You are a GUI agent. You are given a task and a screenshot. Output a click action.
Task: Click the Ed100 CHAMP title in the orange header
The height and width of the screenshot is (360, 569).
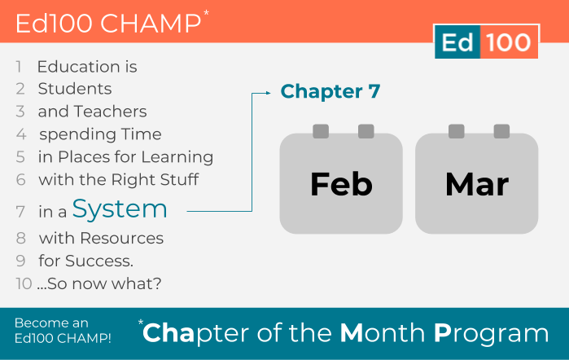click(108, 24)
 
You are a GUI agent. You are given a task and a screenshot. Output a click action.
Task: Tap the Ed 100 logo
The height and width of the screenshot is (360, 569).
click(487, 42)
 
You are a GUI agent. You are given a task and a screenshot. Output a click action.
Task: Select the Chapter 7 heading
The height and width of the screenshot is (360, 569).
click(330, 91)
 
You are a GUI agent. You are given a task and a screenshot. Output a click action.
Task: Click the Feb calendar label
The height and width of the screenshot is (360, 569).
click(341, 184)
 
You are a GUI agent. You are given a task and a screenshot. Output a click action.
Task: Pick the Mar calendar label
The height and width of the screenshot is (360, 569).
click(477, 184)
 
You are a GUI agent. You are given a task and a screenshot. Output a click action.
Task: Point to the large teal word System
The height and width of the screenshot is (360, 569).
click(120, 209)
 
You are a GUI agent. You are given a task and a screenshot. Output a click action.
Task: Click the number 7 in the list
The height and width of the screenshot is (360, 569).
click(20, 212)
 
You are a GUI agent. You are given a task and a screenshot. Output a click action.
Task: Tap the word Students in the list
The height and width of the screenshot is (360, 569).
click(75, 89)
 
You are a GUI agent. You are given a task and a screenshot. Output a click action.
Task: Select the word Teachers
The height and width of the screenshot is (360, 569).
click(111, 112)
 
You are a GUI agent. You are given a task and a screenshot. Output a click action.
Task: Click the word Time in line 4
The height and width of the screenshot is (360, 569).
click(141, 134)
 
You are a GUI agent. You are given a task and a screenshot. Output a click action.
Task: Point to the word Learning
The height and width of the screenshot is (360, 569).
click(177, 158)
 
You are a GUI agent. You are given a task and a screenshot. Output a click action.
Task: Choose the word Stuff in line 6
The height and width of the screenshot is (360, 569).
click(180, 179)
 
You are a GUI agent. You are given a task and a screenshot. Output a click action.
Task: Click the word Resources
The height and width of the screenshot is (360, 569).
click(121, 239)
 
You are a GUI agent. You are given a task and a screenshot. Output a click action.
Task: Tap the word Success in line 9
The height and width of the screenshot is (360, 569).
click(99, 261)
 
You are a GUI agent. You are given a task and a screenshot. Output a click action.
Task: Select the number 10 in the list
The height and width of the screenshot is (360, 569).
click(24, 283)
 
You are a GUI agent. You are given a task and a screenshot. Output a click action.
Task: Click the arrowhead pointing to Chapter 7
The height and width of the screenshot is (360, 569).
click(268, 93)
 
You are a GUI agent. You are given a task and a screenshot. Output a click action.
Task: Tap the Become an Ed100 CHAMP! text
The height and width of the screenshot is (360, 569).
click(63, 331)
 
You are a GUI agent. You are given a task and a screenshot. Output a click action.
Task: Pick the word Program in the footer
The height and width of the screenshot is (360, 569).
click(492, 334)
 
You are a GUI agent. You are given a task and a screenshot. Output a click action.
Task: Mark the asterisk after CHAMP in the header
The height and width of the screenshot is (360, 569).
click(206, 13)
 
